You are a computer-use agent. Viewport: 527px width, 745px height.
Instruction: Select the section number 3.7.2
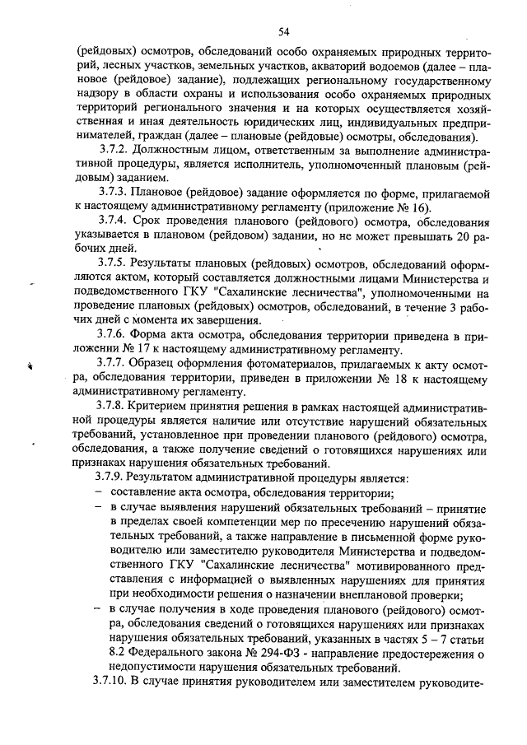114,152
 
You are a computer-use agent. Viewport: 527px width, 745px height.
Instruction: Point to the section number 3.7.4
114,222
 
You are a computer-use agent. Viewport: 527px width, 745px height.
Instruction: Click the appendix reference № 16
408,207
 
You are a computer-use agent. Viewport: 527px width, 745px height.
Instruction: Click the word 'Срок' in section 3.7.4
153,222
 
